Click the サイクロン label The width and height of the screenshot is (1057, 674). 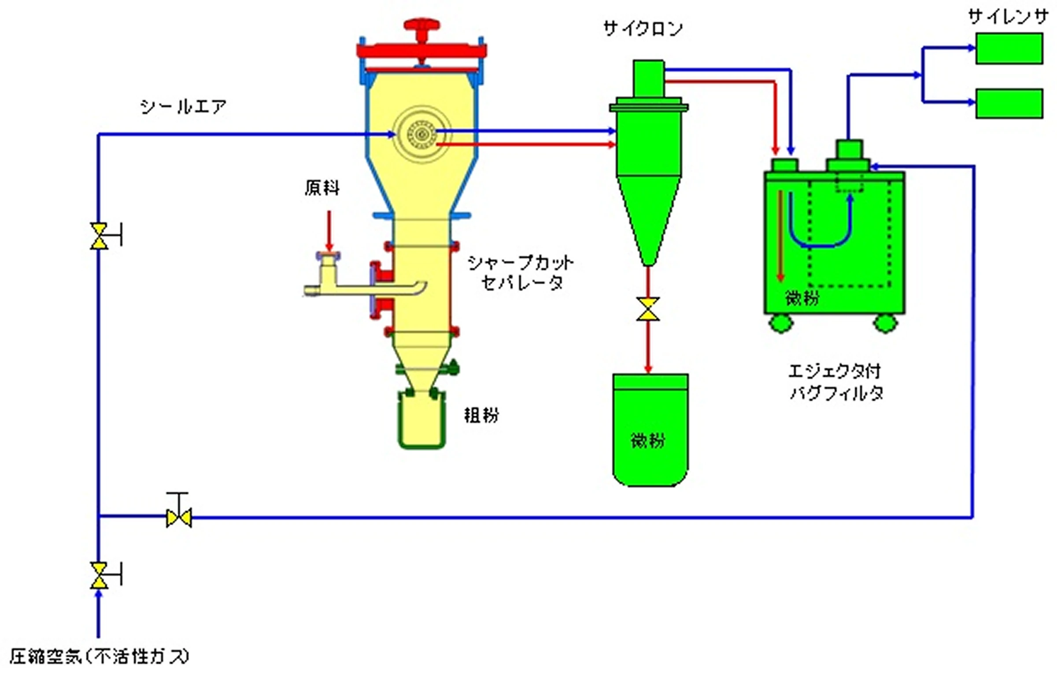(643, 29)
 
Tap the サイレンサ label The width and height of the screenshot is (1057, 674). (1008, 18)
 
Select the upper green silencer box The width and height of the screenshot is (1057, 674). (1009, 49)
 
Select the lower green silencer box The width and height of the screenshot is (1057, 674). (1009, 104)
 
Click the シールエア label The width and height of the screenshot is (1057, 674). (183, 107)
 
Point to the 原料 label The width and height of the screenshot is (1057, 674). (322, 188)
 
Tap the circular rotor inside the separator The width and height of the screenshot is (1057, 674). (421, 134)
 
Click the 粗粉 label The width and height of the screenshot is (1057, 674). (481, 415)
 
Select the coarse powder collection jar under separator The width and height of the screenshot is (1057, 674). (421, 421)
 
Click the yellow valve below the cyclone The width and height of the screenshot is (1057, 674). (648, 309)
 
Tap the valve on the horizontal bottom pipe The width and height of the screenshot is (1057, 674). (179, 517)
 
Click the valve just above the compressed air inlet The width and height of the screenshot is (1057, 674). (99, 576)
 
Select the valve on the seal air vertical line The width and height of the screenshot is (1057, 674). (99, 236)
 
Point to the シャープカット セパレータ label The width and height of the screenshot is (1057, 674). (521, 273)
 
